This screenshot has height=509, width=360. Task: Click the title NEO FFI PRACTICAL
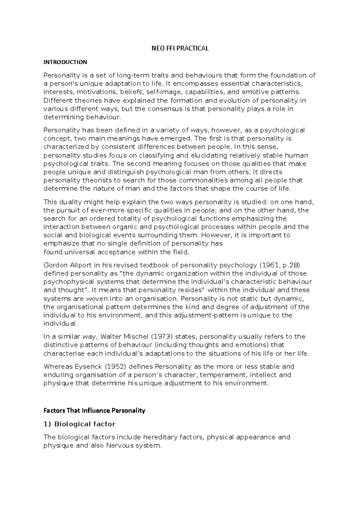[180, 48]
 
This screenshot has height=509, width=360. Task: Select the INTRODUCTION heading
[65, 62]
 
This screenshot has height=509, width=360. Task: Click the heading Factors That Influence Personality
[94, 410]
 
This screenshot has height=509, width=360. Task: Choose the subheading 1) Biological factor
[79, 424]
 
